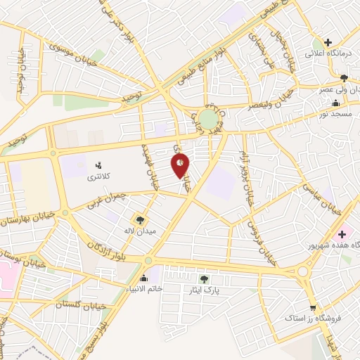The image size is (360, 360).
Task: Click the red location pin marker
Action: [x=180, y=166]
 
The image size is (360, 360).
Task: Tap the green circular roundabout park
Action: [x=208, y=118]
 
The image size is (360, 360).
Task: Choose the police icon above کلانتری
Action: [x=98, y=166]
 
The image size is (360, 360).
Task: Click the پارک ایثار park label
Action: [x=204, y=290]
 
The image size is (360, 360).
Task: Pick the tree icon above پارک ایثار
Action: [x=204, y=279]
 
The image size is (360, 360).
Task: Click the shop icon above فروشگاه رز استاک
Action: [x=313, y=308]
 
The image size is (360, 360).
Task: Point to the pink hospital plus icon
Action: [x=342, y=233]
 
